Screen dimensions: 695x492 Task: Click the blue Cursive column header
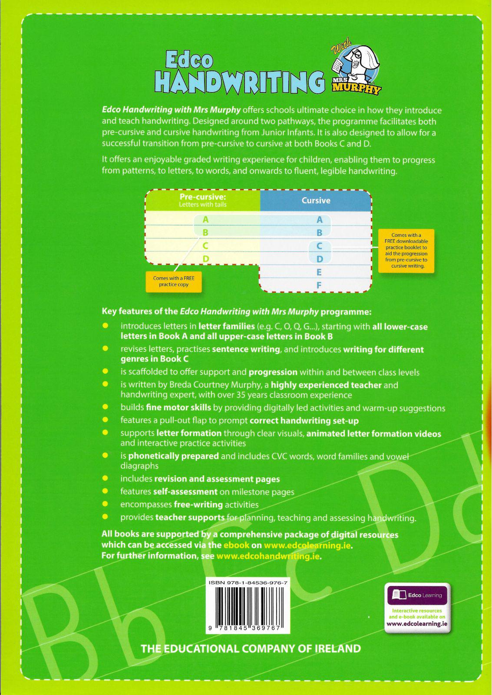[x=316, y=201]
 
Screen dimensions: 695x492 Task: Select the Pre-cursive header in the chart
[x=203, y=200]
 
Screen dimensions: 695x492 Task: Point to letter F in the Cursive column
[x=319, y=285]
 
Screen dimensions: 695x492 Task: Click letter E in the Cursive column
[x=319, y=272]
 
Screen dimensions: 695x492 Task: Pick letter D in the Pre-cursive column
[x=206, y=259]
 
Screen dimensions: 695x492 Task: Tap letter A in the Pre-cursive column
[x=206, y=220]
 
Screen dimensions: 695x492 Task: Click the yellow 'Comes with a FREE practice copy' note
[x=174, y=281]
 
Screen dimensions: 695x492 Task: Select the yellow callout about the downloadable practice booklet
[x=406, y=251]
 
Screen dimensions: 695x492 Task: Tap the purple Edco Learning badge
[x=417, y=595]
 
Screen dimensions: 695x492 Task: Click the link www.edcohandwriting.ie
[x=268, y=556]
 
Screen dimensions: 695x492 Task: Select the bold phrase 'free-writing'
[x=198, y=505]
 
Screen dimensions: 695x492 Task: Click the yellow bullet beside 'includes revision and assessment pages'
[x=105, y=478]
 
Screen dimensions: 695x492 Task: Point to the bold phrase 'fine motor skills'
[x=178, y=407]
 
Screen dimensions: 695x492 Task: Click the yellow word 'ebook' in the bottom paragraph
[x=236, y=545]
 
